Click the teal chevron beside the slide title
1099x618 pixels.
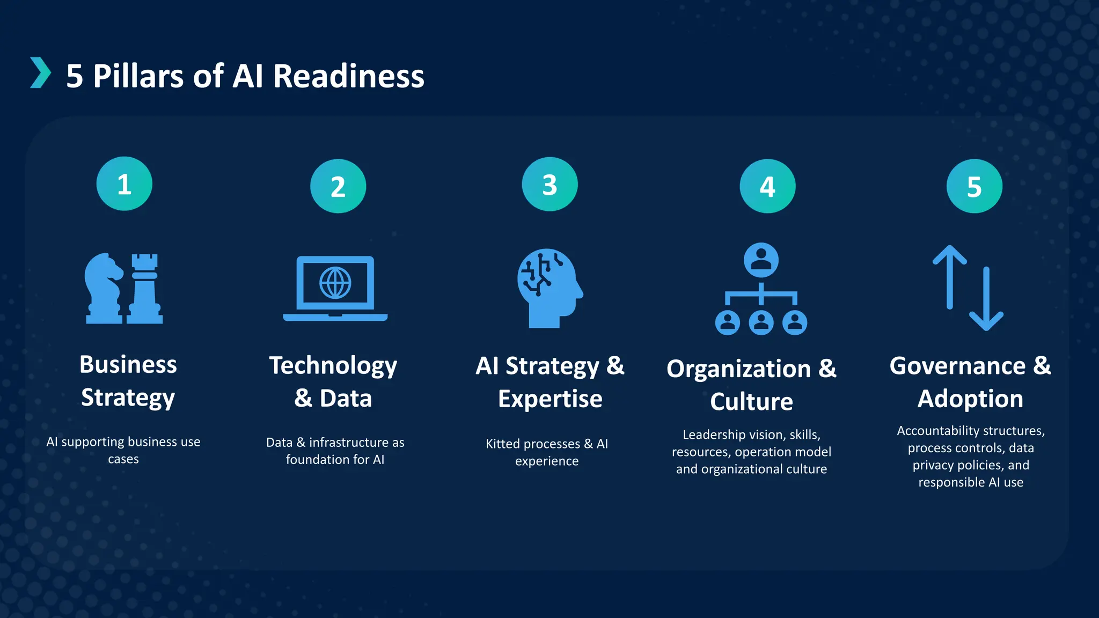(x=40, y=72)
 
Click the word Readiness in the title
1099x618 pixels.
(x=349, y=76)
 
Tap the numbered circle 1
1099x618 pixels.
(x=124, y=184)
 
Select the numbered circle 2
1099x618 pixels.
(x=338, y=187)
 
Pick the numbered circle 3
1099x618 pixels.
(x=549, y=185)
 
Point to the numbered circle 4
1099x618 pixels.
(x=767, y=187)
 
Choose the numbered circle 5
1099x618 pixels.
(x=974, y=187)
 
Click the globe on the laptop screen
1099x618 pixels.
(x=335, y=283)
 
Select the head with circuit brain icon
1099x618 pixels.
(x=548, y=287)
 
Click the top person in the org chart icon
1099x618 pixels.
(x=761, y=260)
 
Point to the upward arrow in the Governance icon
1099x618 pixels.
(x=950, y=276)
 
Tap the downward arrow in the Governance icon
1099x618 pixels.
(x=986, y=300)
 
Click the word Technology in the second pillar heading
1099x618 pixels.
(x=333, y=366)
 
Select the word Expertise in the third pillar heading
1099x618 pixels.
(x=550, y=399)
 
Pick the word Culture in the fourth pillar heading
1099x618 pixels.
(x=751, y=402)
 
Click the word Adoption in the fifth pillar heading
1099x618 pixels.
(x=970, y=399)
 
